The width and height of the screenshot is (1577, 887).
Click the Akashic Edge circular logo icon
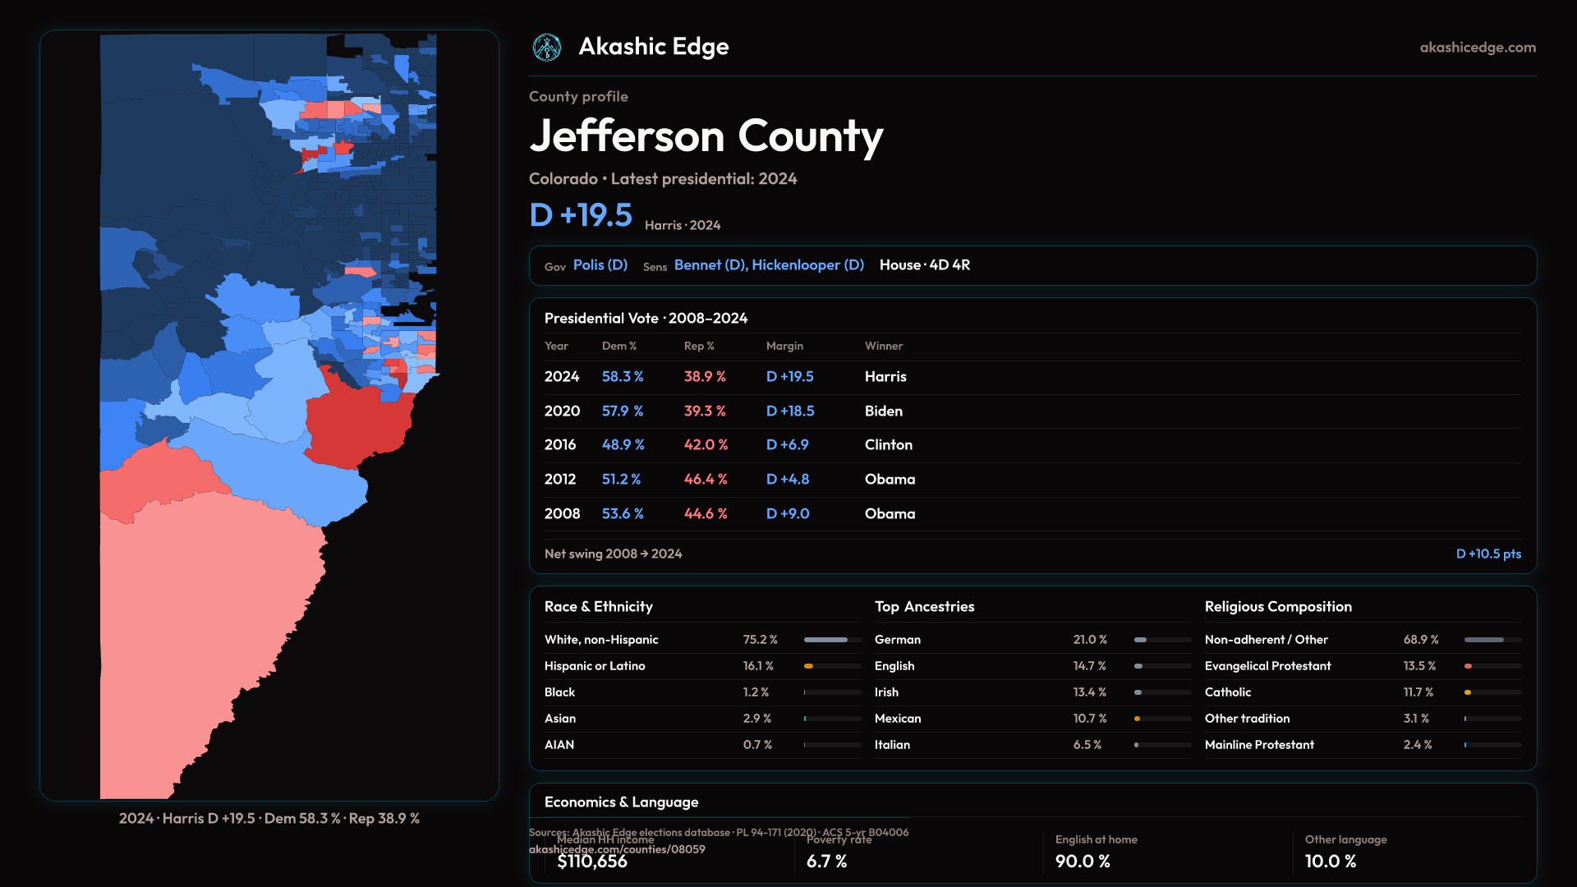(x=546, y=48)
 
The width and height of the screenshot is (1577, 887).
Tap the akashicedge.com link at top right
(x=1478, y=48)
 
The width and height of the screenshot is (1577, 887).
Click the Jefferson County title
(x=706, y=136)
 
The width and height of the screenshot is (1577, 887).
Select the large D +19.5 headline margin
(x=581, y=215)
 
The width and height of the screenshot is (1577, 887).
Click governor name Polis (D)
(x=600, y=265)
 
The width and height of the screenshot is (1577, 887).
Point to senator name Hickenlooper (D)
(x=807, y=265)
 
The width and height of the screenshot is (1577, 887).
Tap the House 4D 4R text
(x=925, y=265)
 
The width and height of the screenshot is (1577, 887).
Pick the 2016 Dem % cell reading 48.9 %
(x=623, y=445)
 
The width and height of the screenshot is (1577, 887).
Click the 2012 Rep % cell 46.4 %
(x=706, y=480)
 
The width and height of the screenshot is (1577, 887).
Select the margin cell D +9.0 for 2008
(x=788, y=514)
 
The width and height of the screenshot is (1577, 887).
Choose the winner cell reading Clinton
(x=889, y=445)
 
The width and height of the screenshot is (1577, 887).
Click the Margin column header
(x=784, y=347)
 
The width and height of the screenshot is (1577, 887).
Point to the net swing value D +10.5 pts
(x=1488, y=554)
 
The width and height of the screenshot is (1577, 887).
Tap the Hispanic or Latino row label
(x=595, y=666)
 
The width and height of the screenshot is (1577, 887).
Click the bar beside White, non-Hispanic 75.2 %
(x=832, y=640)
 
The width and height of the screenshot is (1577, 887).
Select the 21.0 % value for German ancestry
(x=1090, y=640)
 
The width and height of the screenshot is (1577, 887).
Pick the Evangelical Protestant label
(x=1267, y=666)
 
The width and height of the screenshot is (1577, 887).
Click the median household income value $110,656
(x=592, y=862)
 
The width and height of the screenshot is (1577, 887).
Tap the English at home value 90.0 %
(x=1083, y=862)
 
